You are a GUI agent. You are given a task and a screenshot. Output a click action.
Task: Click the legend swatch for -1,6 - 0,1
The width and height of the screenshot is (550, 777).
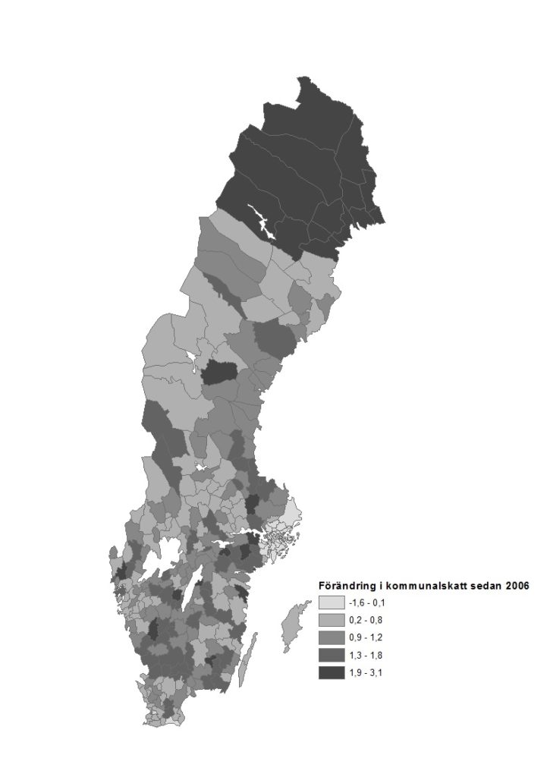[x=331, y=602]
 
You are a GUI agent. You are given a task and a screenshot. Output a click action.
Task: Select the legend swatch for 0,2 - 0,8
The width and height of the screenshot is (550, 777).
[x=331, y=620]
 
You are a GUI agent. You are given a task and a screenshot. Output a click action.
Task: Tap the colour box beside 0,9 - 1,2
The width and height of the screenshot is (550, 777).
[x=331, y=637]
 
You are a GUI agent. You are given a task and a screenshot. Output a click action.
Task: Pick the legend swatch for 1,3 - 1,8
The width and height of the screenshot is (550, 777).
[x=331, y=655]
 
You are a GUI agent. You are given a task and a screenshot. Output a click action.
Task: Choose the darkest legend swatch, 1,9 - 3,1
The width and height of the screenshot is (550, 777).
[x=331, y=672]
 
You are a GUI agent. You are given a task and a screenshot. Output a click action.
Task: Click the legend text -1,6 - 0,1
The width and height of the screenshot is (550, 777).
[x=368, y=602]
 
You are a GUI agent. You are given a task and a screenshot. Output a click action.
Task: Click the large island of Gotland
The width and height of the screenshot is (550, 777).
[x=292, y=626]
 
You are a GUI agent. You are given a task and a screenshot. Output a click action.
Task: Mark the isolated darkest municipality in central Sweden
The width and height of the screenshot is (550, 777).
[x=220, y=373]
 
